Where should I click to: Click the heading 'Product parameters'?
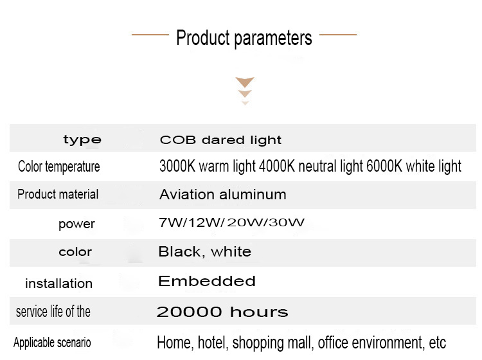(x=244, y=38)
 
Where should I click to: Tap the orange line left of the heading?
(x=150, y=35)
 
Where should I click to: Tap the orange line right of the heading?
(x=338, y=35)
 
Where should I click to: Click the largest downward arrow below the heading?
(x=245, y=82)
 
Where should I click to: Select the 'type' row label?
(x=82, y=140)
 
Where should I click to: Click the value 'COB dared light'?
(x=220, y=140)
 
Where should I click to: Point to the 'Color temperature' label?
(x=58, y=166)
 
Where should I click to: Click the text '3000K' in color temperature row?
(x=177, y=166)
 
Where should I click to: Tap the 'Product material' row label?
(x=58, y=194)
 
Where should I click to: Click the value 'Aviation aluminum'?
(x=222, y=195)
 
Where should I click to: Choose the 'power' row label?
(x=76, y=224)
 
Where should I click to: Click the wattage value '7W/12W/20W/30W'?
(x=231, y=222)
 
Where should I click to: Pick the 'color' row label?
(x=75, y=252)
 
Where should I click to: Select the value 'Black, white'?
(x=205, y=252)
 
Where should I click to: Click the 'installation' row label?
(x=58, y=283)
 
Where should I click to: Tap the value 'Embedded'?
(x=206, y=281)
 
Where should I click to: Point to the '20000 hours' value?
(x=222, y=312)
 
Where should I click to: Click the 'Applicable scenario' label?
(x=52, y=343)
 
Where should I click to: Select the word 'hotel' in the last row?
(x=213, y=343)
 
